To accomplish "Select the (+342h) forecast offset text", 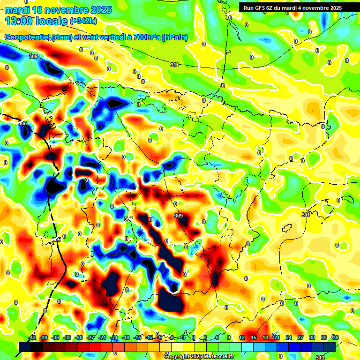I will click(x=83, y=21).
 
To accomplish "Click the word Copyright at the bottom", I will click(x=177, y=357).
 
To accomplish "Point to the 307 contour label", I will click(x=128, y=219).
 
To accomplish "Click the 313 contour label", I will click(x=320, y=357).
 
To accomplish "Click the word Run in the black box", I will click(x=248, y=8).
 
